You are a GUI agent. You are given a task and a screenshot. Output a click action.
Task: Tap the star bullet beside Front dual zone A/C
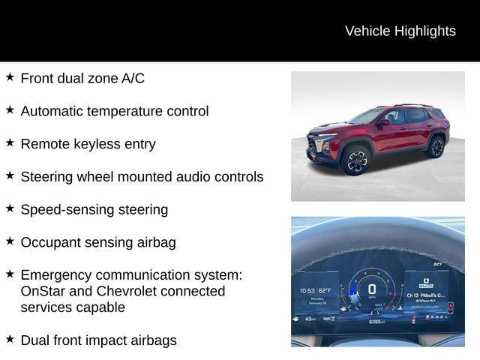[x=10, y=76]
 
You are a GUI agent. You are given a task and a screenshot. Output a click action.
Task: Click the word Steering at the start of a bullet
[x=46, y=177]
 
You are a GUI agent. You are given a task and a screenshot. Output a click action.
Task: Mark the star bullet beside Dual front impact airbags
[x=10, y=339]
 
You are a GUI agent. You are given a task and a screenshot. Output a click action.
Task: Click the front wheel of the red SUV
[x=355, y=160]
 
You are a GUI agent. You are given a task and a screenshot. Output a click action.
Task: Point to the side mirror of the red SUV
[x=383, y=121]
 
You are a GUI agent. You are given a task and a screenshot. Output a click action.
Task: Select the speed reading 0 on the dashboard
[x=371, y=289]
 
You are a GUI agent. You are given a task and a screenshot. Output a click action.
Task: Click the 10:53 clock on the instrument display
[x=307, y=290]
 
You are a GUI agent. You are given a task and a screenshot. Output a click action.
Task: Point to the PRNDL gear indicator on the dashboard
[x=437, y=317]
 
